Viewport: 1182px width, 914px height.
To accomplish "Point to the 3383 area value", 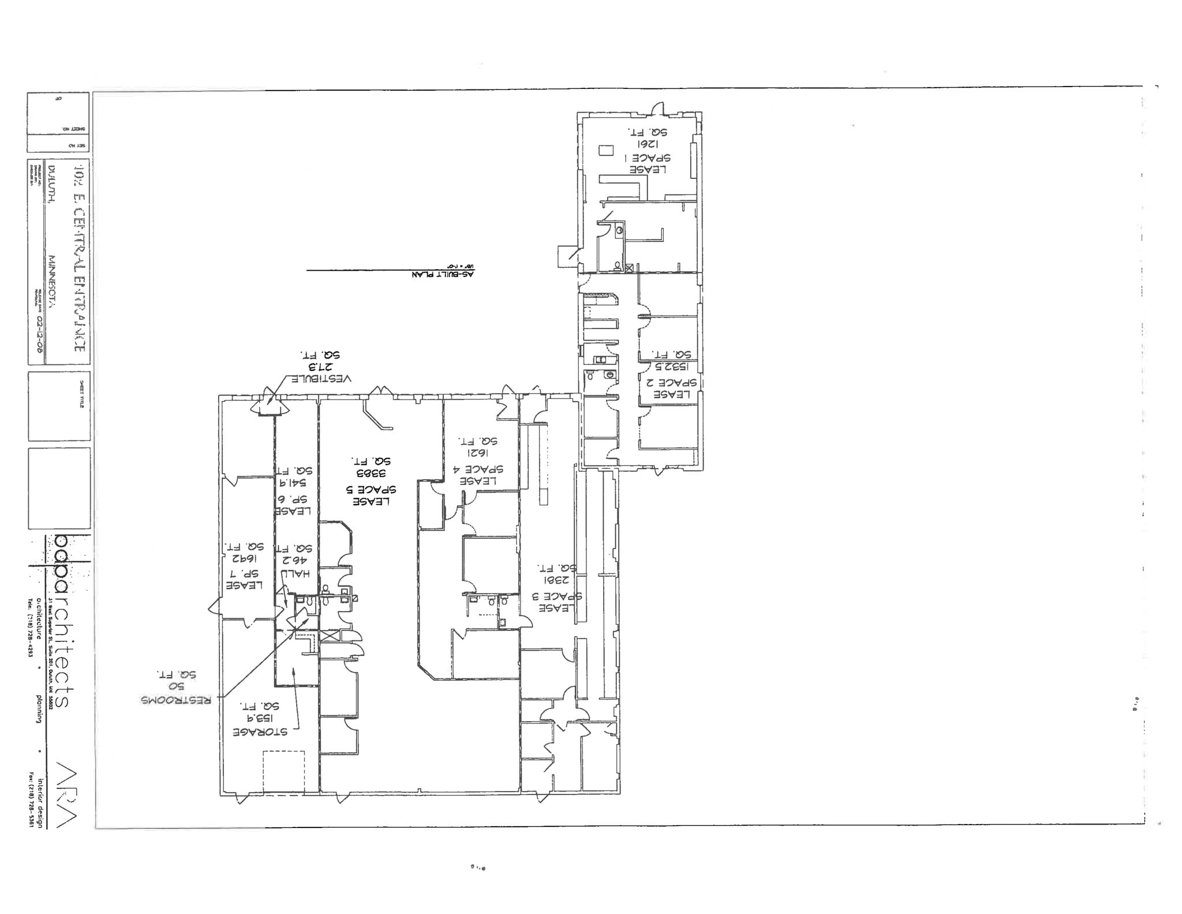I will click(x=371, y=473).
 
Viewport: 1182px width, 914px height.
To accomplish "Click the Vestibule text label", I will click(x=320, y=379).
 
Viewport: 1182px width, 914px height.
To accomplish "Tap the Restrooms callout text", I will click(x=176, y=699).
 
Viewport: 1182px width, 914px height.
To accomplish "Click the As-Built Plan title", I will click(x=443, y=275).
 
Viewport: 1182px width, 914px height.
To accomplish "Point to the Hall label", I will click(x=295, y=573).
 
